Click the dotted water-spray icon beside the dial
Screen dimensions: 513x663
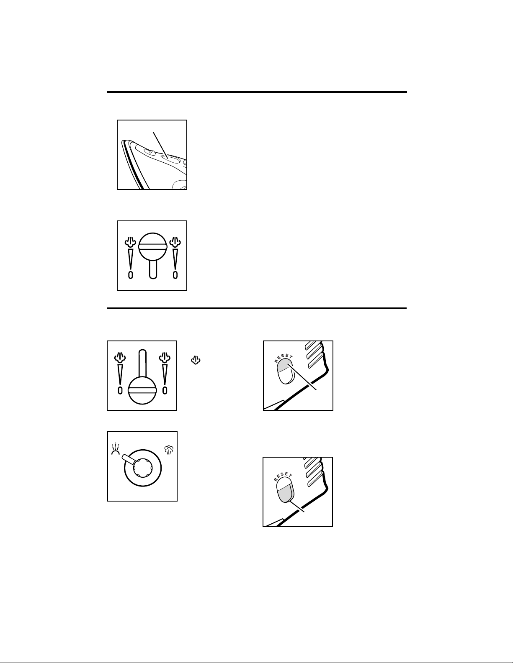coord(115,449)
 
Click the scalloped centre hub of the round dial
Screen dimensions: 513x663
coord(143,468)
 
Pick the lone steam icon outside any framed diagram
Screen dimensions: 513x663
coord(196,360)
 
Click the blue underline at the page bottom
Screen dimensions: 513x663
coord(83,660)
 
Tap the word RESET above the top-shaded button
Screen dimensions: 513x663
coord(284,358)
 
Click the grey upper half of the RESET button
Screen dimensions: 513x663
coord(285,365)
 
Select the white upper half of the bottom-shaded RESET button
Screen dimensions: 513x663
coord(284,484)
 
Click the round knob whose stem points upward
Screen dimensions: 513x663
coord(142,390)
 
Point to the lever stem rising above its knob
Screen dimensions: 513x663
coord(142,363)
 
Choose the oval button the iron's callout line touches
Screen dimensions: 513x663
coord(172,159)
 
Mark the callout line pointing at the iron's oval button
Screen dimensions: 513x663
coord(160,145)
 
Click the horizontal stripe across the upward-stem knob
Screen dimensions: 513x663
coord(142,391)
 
